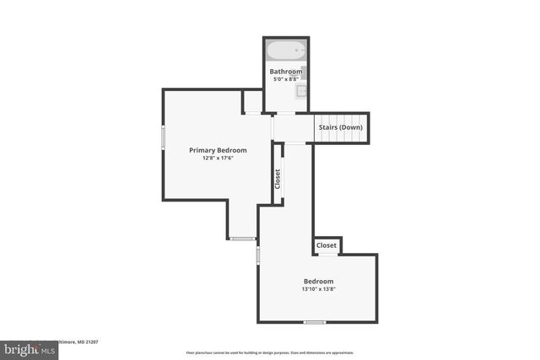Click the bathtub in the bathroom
click(286, 51)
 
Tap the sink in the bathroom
click(304, 91)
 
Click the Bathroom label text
click(286, 72)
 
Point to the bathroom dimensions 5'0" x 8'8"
click(286, 80)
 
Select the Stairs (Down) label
click(341, 127)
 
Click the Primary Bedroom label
click(218, 150)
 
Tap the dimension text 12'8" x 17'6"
click(218, 159)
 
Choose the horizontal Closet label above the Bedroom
click(327, 245)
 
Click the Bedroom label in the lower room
click(318, 281)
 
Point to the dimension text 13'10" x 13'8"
click(318, 289)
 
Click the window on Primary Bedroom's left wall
click(164, 137)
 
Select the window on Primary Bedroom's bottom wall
click(243, 239)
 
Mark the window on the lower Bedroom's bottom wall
click(315, 322)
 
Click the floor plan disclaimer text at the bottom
click(270, 352)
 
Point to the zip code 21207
click(89, 342)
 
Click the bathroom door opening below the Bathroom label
click(286, 113)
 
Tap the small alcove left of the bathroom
click(252, 101)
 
